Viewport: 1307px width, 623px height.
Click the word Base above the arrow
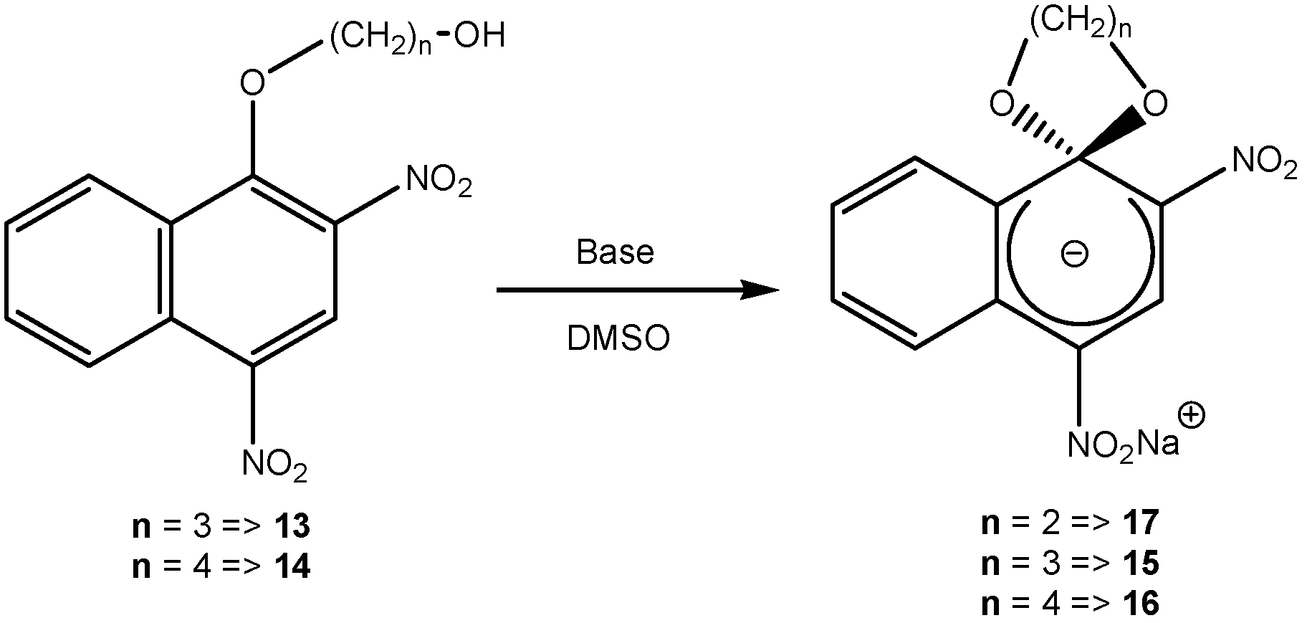click(x=615, y=252)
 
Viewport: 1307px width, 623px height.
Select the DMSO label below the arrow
click(x=618, y=339)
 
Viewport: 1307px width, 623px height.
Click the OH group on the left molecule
click(x=479, y=36)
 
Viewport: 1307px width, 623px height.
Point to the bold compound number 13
click(x=292, y=527)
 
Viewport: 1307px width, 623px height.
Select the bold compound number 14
click(x=292, y=567)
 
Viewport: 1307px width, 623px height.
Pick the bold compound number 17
click(x=1141, y=523)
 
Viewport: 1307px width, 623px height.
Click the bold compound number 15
click(x=1141, y=563)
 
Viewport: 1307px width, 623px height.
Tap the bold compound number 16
click(x=1141, y=603)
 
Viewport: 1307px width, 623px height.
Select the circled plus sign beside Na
click(x=1190, y=416)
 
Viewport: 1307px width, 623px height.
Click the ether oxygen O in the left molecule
click(x=252, y=84)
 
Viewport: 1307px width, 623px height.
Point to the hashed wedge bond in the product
click(x=1046, y=133)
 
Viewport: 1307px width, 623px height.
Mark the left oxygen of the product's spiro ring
click(x=1002, y=105)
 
